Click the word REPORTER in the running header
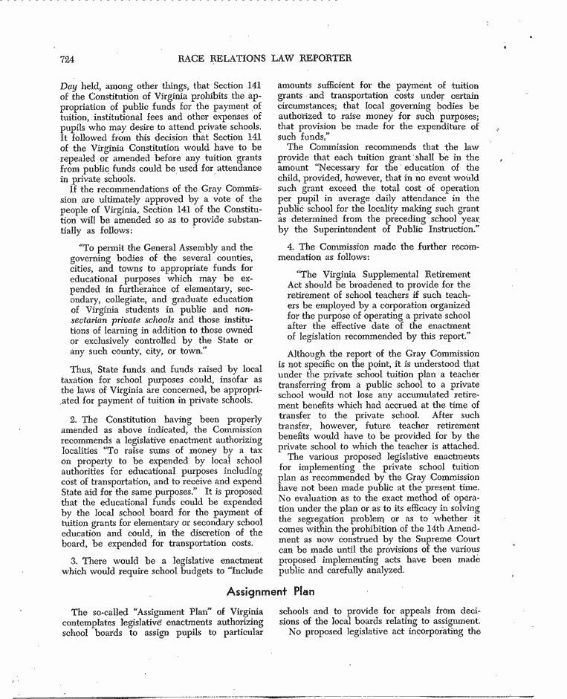[x=321, y=58]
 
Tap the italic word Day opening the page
[x=68, y=87]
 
